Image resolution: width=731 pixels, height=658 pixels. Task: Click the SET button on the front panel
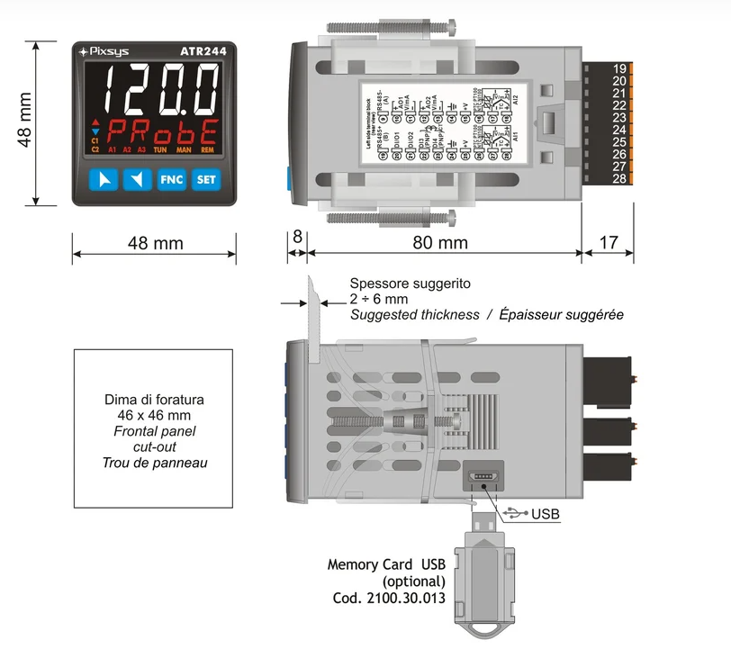coord(207,180)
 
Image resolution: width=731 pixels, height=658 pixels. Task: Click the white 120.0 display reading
coord(159,89)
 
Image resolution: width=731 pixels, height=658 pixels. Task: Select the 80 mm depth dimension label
coord(440,243)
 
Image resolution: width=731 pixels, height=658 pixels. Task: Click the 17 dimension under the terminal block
coord(609,243)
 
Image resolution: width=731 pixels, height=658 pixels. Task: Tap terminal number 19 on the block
coord(619,68)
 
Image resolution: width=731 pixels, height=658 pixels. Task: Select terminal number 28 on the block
coord(619,178)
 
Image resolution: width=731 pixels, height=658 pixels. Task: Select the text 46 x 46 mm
coord(154,415)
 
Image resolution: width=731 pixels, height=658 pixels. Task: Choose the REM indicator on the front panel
coord(207,149)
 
